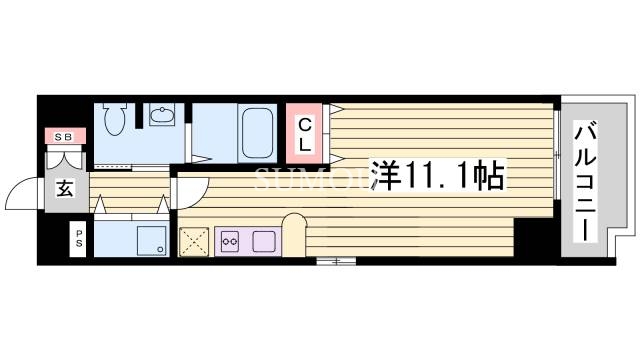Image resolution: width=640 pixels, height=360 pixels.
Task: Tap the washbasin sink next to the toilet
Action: click(x=161, y=117)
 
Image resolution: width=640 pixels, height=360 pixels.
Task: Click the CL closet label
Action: click(x=305, y=133)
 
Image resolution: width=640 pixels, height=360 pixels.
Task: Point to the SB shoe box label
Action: click(x=63, y=136)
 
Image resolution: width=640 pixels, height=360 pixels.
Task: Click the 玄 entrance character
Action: click(x=63, y=187)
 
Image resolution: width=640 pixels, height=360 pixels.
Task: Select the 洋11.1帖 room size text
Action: click(x=438, y=177)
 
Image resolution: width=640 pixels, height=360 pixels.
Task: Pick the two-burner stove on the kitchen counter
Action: click(x=231, y=241)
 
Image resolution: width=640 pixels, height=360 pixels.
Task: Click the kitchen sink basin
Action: click(x=264, y=241)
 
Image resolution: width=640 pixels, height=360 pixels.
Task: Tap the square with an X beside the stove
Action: click(x=193, y=241)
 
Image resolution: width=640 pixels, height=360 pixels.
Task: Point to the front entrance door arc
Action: click(x=22, y=190)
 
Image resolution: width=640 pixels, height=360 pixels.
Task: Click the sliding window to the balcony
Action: click(x=555, y=155)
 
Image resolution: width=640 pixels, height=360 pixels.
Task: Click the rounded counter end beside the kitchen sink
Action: click(x=295, y=229)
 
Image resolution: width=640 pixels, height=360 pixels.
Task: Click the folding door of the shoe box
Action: click(x=63, y=158)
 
